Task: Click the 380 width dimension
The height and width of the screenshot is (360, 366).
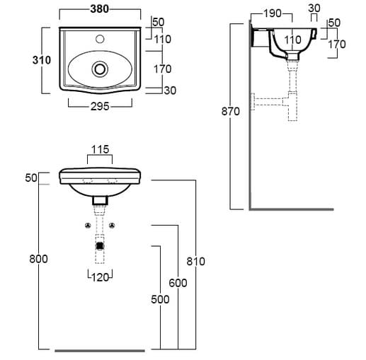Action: tap(100, 9)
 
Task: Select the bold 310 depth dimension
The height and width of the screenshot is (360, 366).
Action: tap(42, 60)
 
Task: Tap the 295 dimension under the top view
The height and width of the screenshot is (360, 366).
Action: tap(100, 107)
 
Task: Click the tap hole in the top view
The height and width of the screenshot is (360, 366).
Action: tap(100, 39)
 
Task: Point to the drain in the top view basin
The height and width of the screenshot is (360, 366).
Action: tap(100, 69)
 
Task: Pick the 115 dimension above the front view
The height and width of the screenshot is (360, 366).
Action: tap(100, 149)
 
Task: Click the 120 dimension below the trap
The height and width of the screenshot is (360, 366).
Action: tap(100, 277)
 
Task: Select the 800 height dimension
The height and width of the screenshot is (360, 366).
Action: tap(38, 259)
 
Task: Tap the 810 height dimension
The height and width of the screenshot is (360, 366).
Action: tap(195, 262)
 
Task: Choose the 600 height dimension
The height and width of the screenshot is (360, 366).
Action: tap(178, 283)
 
